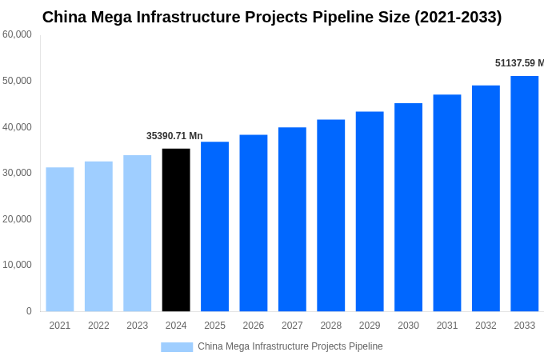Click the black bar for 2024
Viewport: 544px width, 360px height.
176,230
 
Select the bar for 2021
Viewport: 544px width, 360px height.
60,239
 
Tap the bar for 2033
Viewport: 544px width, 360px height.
525,194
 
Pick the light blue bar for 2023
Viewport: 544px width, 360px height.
137,233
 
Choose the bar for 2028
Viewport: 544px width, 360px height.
330,215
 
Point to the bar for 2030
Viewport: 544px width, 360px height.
408,207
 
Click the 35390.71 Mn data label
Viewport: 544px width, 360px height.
174,136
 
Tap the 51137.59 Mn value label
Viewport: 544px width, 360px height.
519,63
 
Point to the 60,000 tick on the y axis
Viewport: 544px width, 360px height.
17,34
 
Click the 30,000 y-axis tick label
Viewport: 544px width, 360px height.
17,173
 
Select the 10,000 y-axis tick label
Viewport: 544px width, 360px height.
17,265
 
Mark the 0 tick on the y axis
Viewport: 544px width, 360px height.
29,311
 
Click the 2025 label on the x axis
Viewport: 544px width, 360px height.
214,326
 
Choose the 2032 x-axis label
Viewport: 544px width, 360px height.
486,326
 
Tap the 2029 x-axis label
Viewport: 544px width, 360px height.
370,326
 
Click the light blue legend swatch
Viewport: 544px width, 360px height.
177,346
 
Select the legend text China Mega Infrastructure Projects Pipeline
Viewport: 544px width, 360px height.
290,346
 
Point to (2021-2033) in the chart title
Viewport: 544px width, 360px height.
458,17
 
